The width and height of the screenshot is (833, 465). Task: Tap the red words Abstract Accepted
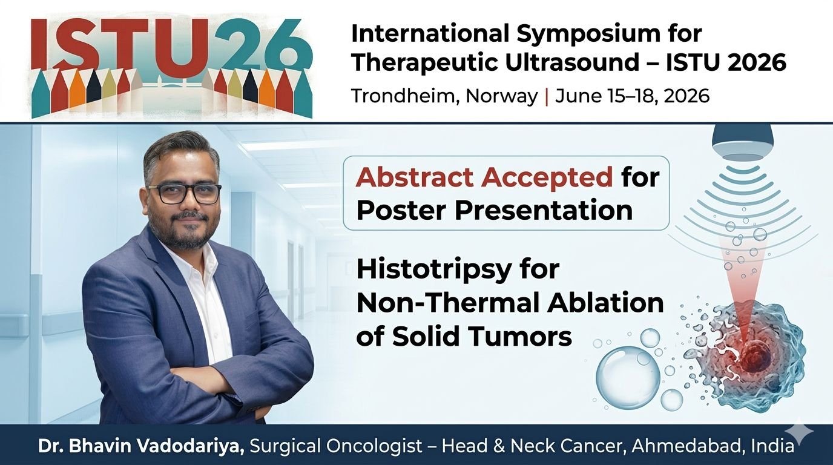click(x=484, y=177)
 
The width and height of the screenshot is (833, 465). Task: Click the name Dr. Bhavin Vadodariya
click(x=141, y=446)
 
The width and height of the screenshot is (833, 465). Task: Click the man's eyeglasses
click(x=184, y=193)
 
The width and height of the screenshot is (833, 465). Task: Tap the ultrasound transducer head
click(x=742, y=140)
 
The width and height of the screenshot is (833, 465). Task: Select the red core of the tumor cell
click(x=752, y=354)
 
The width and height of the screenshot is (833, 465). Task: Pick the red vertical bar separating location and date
click(x=546, y=96)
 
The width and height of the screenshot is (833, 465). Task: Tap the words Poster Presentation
click(x=495, y=211)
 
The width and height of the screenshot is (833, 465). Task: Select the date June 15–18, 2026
click(x=632, y=96)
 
